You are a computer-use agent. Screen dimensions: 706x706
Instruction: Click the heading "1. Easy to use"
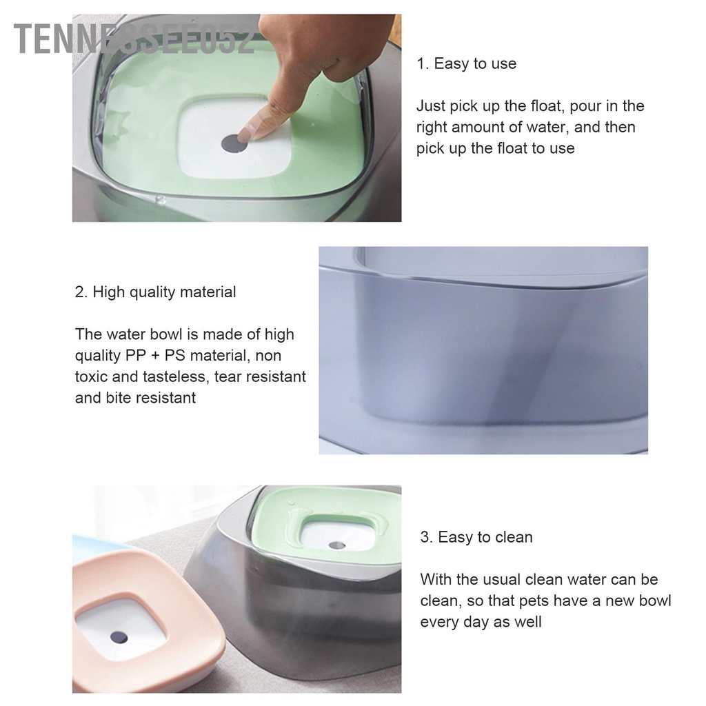click(x=466, y=63)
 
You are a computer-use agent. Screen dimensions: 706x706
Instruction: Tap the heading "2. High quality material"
click(x=155, y=292)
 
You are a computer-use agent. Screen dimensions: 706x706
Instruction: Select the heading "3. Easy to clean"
click(x=476, y=537)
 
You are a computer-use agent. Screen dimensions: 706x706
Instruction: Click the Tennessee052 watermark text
click(x=134, y=39)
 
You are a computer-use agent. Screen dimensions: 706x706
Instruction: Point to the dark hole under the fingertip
click(x=234, y=143)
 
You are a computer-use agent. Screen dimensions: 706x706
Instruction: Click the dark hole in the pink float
click(x=119, y=637)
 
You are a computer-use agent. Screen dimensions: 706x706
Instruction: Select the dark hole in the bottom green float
click(x=336, y=545)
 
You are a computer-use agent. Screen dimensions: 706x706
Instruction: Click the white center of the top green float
click(x=235, y=137)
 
